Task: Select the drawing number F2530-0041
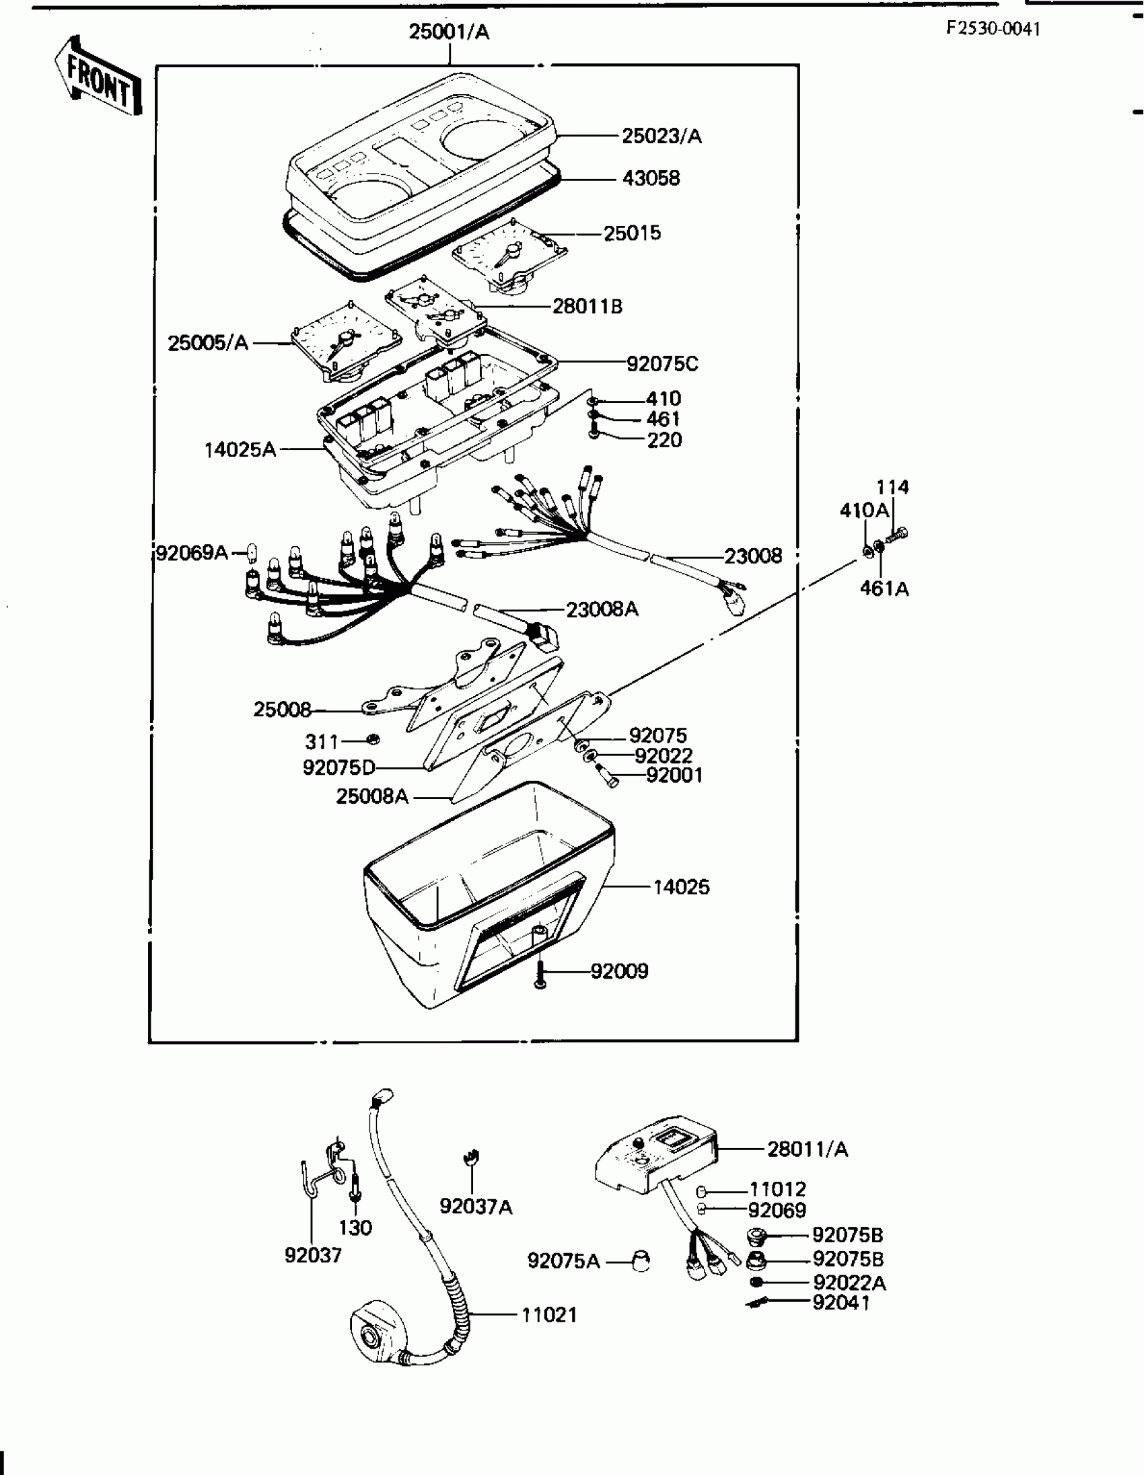point(993,28)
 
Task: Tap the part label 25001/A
point(449,32)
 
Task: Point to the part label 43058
point(651,178)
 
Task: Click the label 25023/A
point(662,137)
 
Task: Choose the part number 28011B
point(587,307)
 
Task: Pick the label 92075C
point(662,364)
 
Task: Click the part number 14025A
point(240,449)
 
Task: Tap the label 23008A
point(602,610)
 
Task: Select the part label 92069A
point(192,553)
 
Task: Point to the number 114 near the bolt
point(892,487)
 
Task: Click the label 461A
point(884,589)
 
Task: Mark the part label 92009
point(619,971)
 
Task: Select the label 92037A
point(476,1206)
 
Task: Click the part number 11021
point(548,1315)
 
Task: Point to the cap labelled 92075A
point(639,1260)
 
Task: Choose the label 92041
point(841,1303)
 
